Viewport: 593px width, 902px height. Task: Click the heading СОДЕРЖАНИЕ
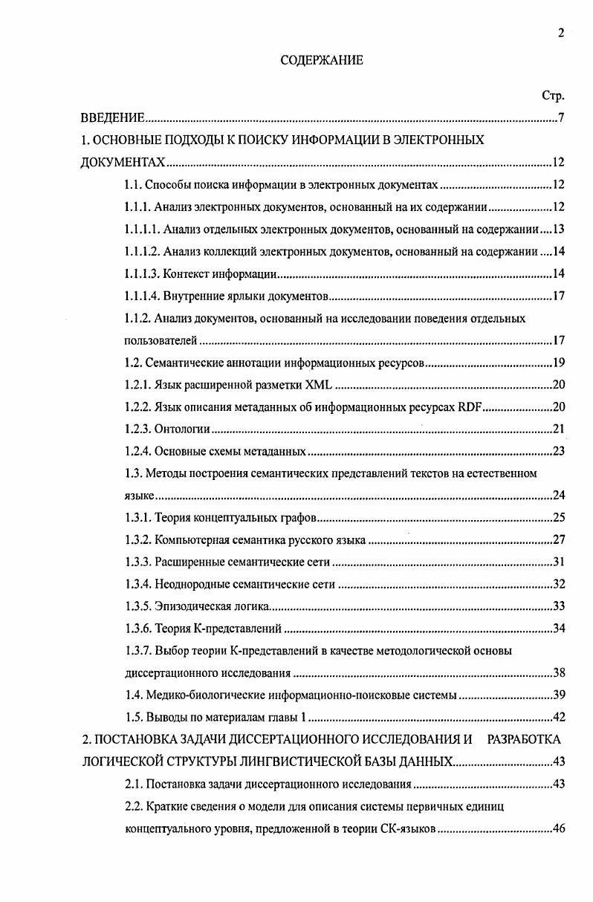[x=322, y=61]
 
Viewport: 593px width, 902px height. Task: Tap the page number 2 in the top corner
[x=561, y=32]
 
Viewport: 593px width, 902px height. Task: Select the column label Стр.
[x=554, y=96]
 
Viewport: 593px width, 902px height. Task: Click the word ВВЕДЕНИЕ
[x=112, y=119]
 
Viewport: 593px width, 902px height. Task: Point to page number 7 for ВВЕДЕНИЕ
[x=562, y=119]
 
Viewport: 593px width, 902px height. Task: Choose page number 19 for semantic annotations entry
[x=559, y=363]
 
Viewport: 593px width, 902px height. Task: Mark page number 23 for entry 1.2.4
[x=559, y=451]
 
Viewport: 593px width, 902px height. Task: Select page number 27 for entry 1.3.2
[x=559, y=539]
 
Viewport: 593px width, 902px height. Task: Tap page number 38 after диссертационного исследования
[x=559, y=673]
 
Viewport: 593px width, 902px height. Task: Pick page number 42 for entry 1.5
[x=559, y=718]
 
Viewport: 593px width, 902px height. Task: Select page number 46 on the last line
[x=559, y=828]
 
